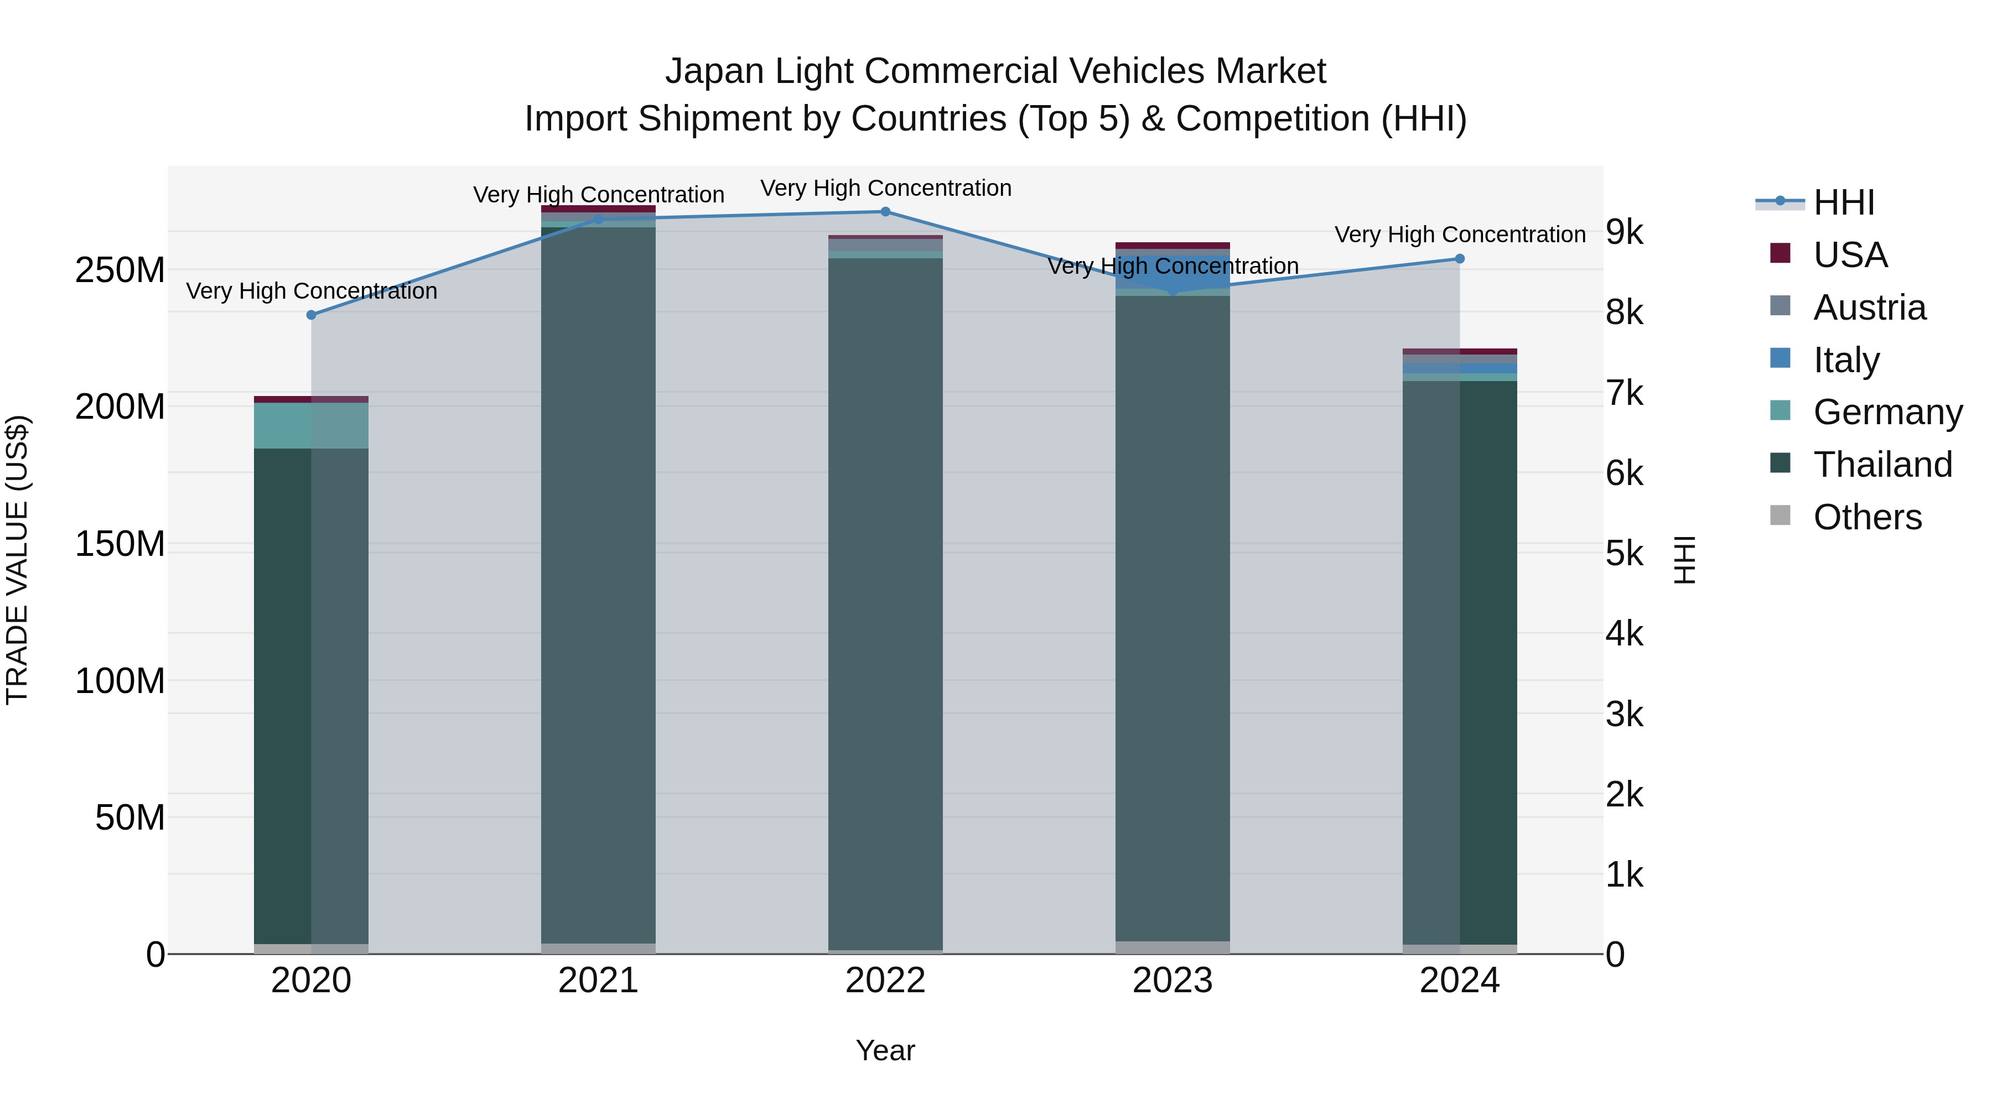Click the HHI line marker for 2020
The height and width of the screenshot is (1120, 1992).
(311, 315)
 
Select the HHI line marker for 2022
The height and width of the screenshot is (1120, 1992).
(885, 211)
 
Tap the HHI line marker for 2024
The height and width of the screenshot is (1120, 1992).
(1459, 259)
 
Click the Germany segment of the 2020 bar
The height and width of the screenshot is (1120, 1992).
(311, 425)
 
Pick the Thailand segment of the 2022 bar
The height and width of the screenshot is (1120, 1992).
(885, 603)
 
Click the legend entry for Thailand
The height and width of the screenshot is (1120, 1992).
(1882, 465)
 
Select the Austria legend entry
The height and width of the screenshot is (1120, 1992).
(1869, 308)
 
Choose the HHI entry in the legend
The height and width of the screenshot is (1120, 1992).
(1844, 202)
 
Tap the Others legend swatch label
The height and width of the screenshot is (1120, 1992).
(1867, 517)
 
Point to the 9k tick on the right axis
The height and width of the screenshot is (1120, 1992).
(1624, 231)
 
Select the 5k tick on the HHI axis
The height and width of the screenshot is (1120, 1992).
(1624, 554)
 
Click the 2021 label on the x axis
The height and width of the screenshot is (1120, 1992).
(598, 981)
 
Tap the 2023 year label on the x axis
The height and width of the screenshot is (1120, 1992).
(1173, 981)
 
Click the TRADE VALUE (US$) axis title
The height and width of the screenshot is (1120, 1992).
(17, 560)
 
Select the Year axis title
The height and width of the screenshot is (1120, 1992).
(885, 1050)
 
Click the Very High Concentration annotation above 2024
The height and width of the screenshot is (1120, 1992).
(1459, 234)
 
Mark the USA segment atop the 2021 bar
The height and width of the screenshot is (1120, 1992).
(598, 209)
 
